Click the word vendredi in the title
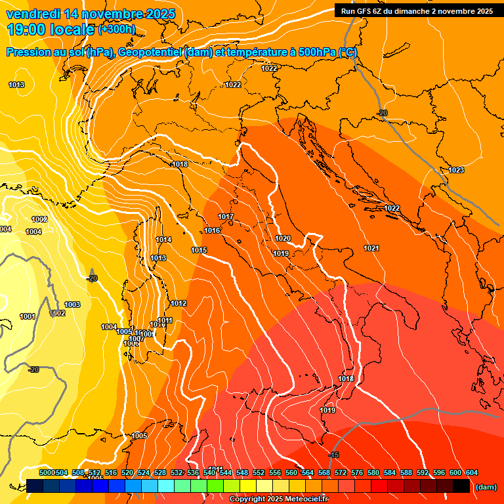(33, 14)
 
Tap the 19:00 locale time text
(50, 30)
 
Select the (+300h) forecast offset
(117, 30)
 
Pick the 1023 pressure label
(456, 171)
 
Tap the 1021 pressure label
(371, 248)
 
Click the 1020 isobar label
(283, 239)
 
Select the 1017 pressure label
(226, 217)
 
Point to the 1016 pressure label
(212, 231)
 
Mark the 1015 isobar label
(199, 251)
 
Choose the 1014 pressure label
(163, 240)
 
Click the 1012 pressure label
(178, 304)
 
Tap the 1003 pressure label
(72, 304)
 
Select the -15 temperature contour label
(333, 455)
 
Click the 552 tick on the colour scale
(259, 472)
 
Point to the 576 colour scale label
(357, 472)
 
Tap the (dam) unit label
(486, 487)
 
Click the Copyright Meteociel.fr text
(279, 499)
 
